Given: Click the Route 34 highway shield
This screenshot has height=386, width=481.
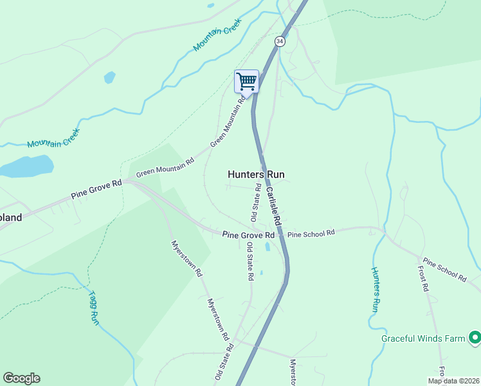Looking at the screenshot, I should [x=279, y=41].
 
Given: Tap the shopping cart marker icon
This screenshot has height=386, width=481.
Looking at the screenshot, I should [x=246, y=82].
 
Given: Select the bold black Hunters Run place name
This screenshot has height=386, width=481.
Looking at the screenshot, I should [x=256, y=174].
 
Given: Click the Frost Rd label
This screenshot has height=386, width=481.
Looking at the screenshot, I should [x=423, y=279].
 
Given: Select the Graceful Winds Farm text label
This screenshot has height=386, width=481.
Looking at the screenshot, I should [x=422, y=338].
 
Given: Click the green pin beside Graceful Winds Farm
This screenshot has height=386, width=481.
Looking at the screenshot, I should [x=475, y=336].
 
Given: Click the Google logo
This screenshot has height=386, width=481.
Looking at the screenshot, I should [x=21, y=378].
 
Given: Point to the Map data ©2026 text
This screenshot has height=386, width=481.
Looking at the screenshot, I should [x=453, y=380].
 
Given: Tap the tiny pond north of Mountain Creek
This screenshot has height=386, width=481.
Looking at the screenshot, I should [x=109, y=78].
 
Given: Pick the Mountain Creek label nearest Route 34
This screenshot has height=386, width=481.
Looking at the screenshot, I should [x=217, y=35].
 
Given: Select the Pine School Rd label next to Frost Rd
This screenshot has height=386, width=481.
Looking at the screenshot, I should [x=444, y=271].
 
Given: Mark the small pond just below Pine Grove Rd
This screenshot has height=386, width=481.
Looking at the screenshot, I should [x=268, y=246].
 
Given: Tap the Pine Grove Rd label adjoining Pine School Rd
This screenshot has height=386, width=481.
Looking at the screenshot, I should [x=248, y=235].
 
